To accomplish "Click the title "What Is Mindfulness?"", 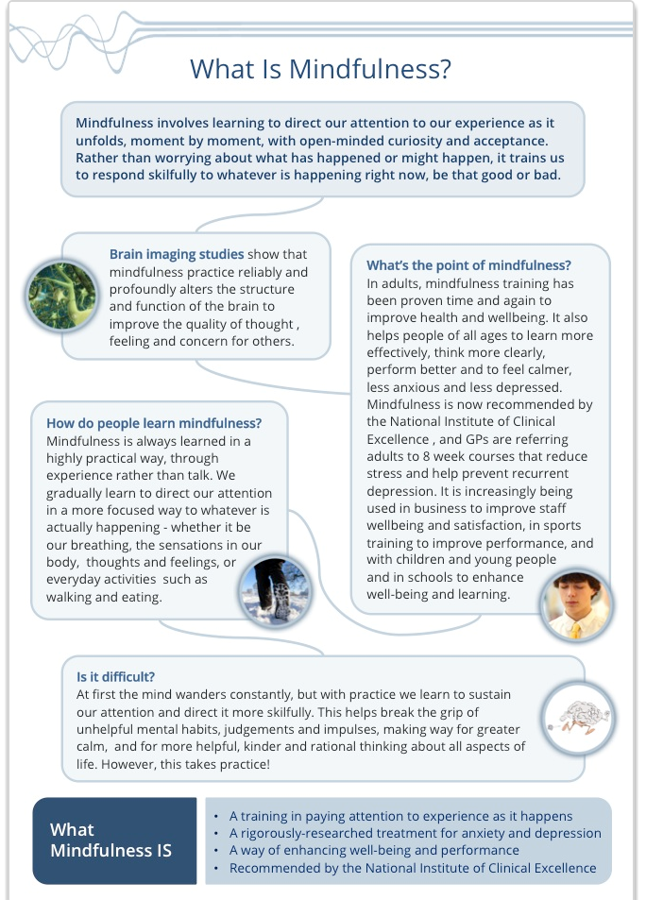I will tap(320, 69).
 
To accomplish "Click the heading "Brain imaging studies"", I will tap(177, 254).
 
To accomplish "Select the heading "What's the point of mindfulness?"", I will tap(468, 265).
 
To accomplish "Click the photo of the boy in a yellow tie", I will tap(576, 605).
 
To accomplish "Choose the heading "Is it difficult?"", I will tap(116, 676).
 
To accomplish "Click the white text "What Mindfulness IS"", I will tap(110, 840).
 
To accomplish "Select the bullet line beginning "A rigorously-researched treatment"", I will tap(415, 833).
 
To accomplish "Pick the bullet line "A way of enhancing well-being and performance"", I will tap(374, 850).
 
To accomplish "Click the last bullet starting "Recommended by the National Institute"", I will tap(413, 868).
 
